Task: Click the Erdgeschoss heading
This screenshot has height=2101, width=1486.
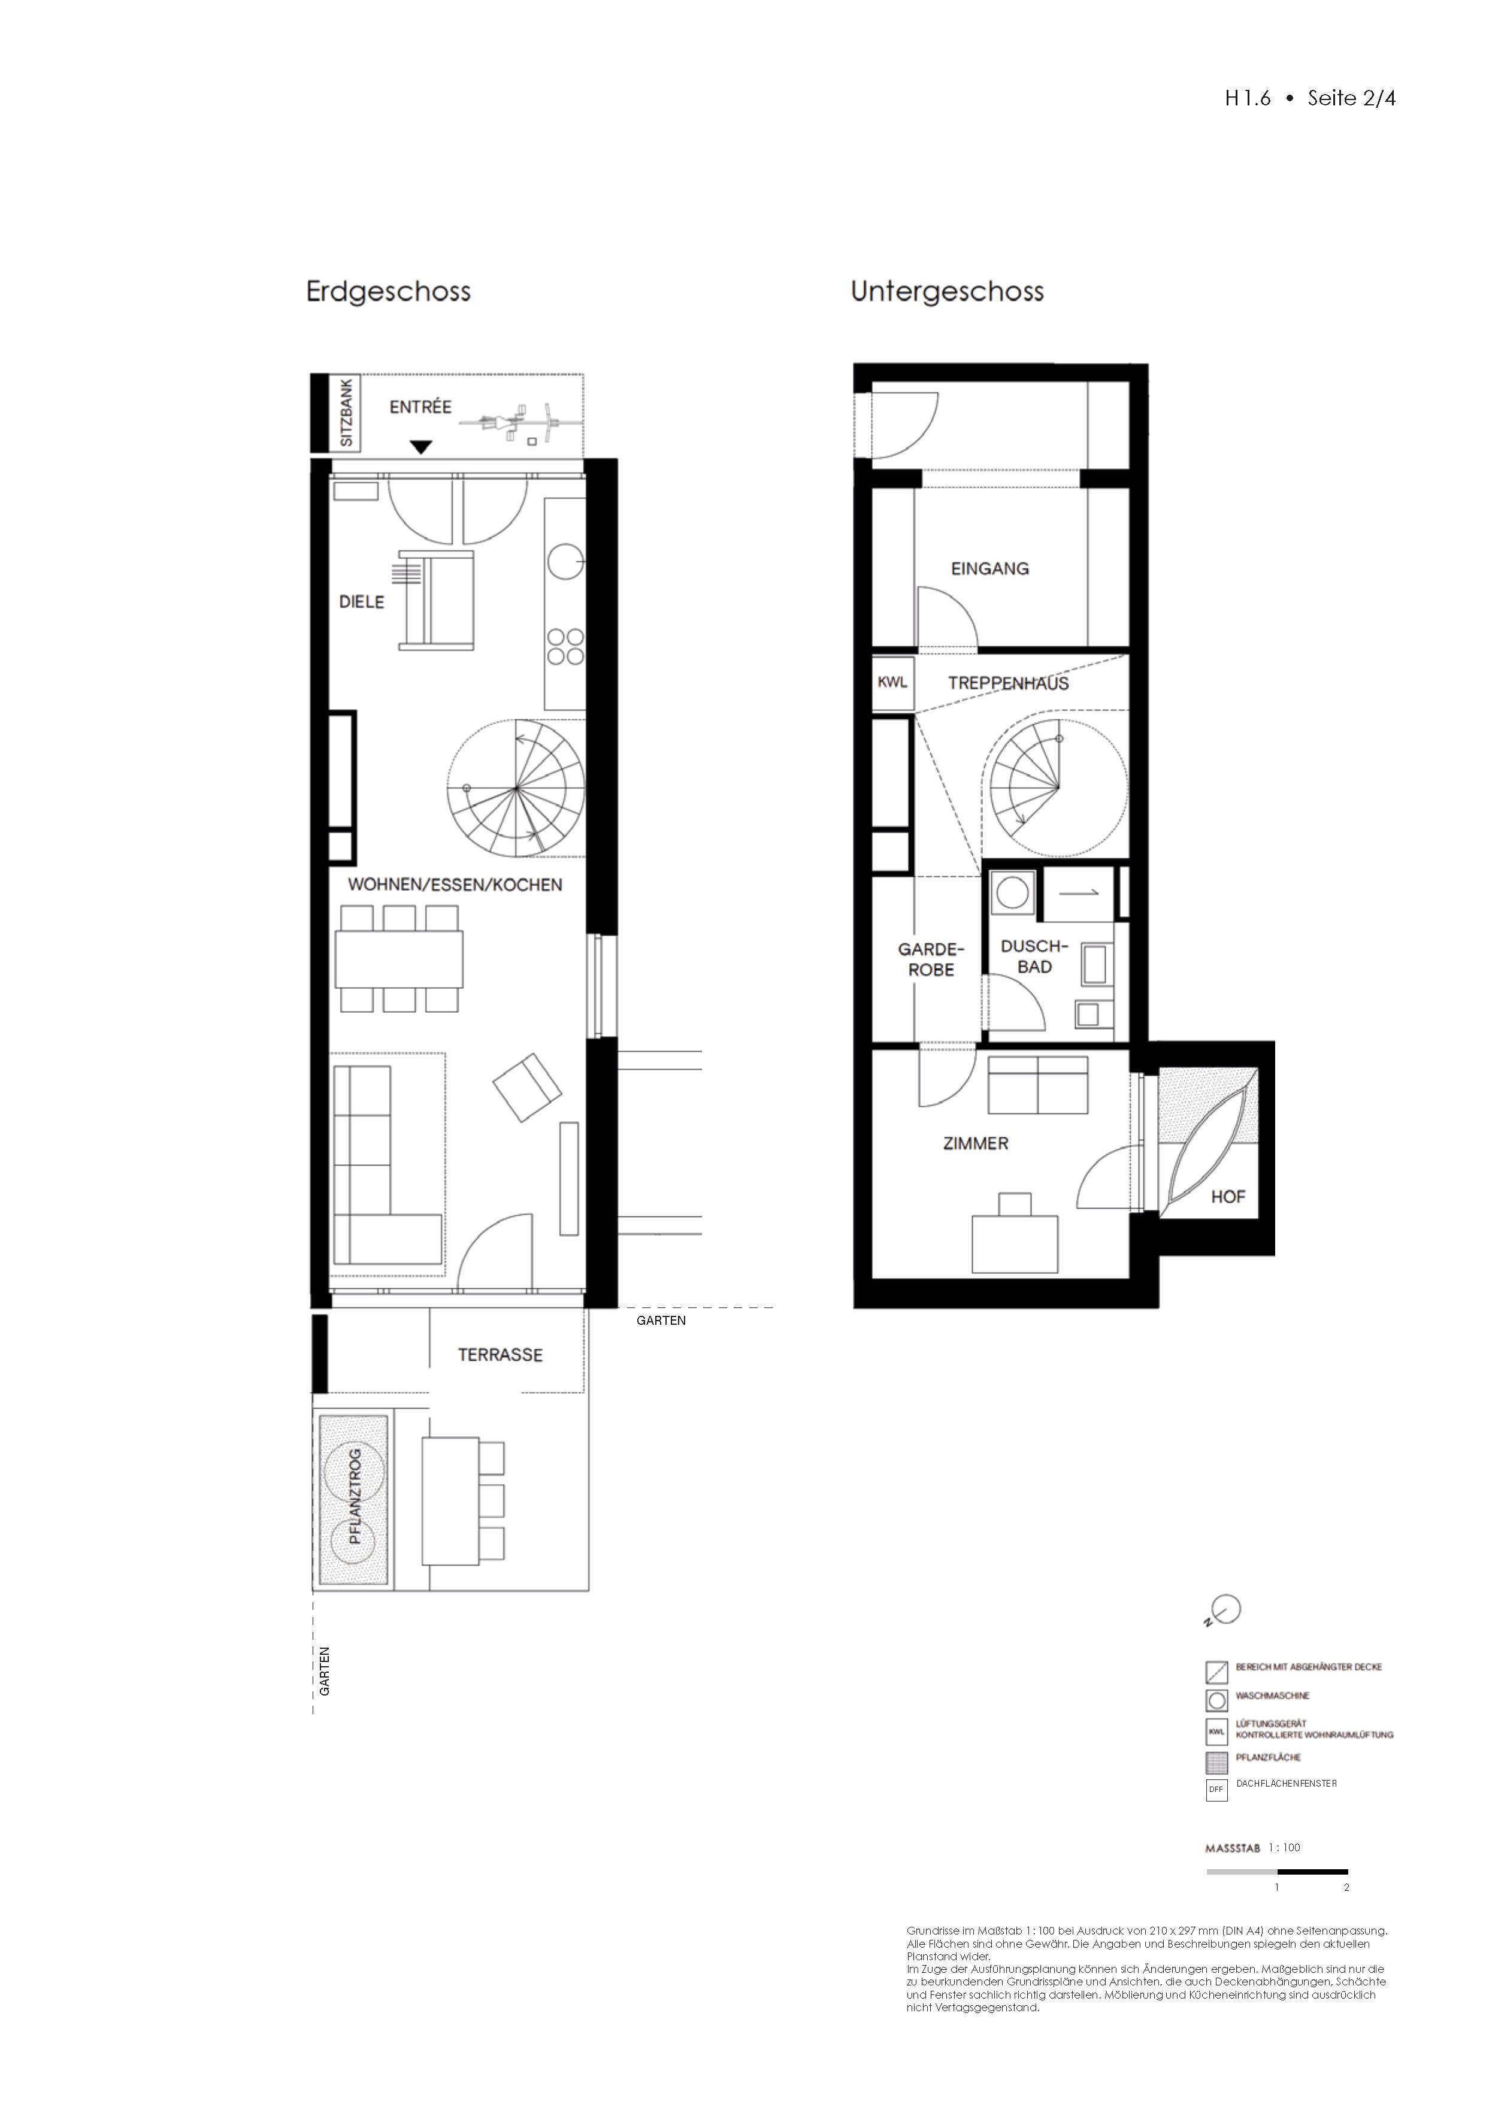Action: tap(388, 292)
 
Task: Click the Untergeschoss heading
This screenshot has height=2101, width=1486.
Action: tap(947, 292)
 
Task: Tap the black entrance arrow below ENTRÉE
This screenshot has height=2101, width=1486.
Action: tap(420, 447)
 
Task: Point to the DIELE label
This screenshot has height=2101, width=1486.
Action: tap(361, 602)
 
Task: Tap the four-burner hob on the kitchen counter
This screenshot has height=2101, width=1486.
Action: tap(565, 646)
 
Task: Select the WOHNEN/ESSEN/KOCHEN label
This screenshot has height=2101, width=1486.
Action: tap(455, 885)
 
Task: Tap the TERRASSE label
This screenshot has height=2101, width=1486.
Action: tap(501, 1355)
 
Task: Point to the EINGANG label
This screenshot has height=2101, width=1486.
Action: tap(990, 569)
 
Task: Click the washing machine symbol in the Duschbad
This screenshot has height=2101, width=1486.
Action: tap(1012, 893)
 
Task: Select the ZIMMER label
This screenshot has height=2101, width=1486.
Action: tap(976, 1144)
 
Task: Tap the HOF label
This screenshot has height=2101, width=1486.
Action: tap(1228, 1197)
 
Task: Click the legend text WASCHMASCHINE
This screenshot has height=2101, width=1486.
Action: tap(1272, 1696)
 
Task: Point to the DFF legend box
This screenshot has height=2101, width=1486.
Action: tap(1216, 1789)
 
